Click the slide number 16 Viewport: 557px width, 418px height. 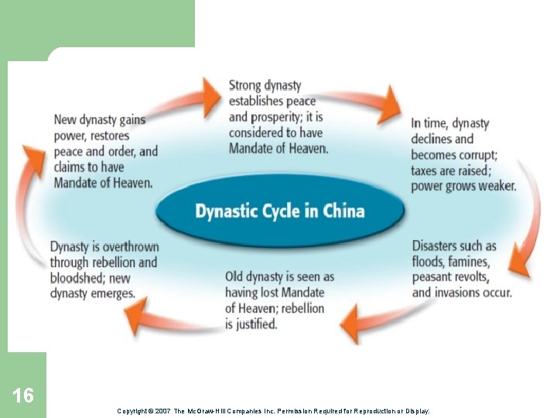pyautogui.click(x=23, y=396)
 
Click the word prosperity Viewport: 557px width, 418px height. pyautogui.click(x=275, y=117)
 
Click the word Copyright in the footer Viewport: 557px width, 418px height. pyautogui.click(x=134, y=411)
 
